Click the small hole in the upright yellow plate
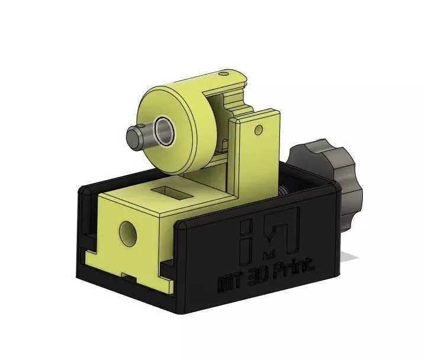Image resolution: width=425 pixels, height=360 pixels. [x=258, y=128]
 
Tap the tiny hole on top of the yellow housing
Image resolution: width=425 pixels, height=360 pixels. [x=223, y=75]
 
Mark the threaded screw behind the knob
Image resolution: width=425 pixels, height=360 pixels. [x=285, y=190]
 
